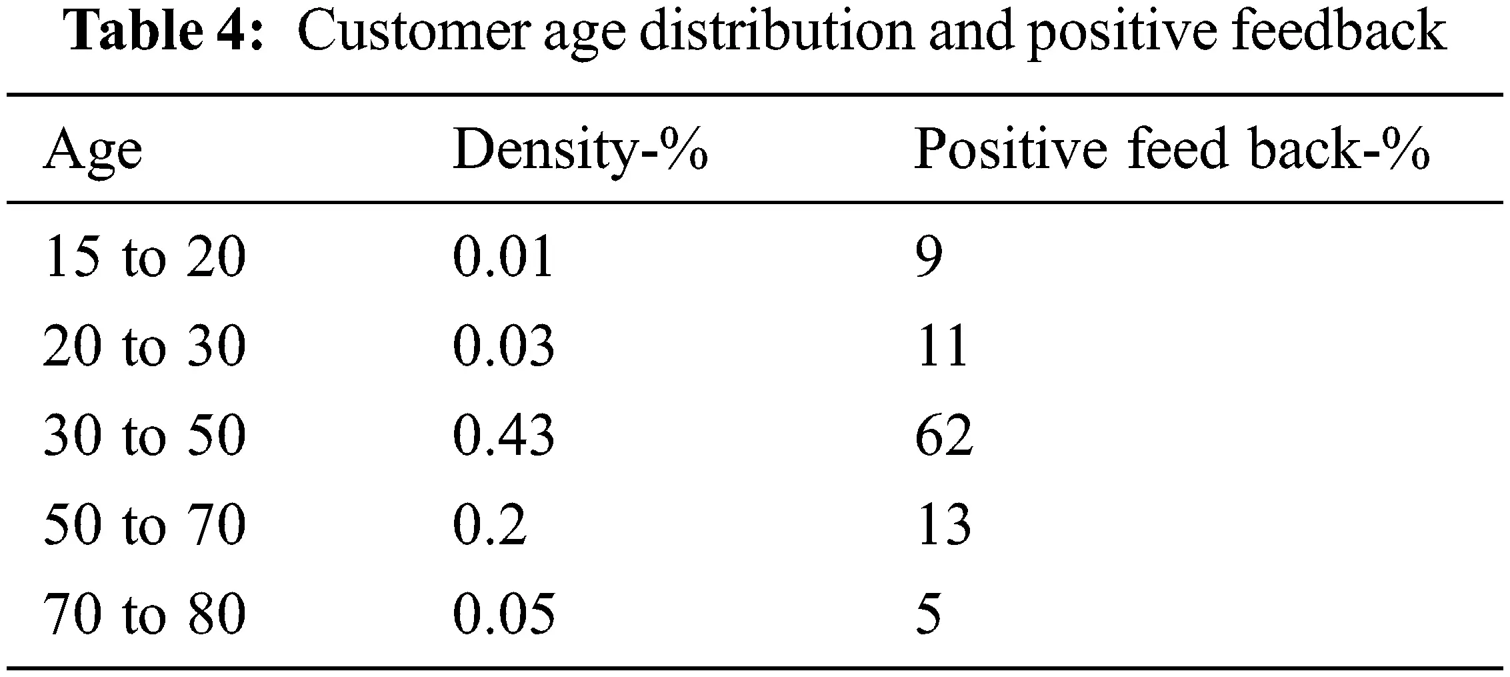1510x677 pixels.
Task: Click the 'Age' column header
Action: [93, 151]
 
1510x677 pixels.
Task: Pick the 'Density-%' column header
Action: [579, 151]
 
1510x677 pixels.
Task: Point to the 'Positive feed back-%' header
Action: [1171, 149]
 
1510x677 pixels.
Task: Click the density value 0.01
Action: [503, 257]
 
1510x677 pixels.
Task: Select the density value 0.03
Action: [503, 347]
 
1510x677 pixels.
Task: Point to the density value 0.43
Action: [503, 436]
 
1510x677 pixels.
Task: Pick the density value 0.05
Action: [503, 614]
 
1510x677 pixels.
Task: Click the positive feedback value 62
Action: [944, 436]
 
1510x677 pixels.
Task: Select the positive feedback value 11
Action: [942, 347]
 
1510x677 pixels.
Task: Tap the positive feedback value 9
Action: [929, 257]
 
